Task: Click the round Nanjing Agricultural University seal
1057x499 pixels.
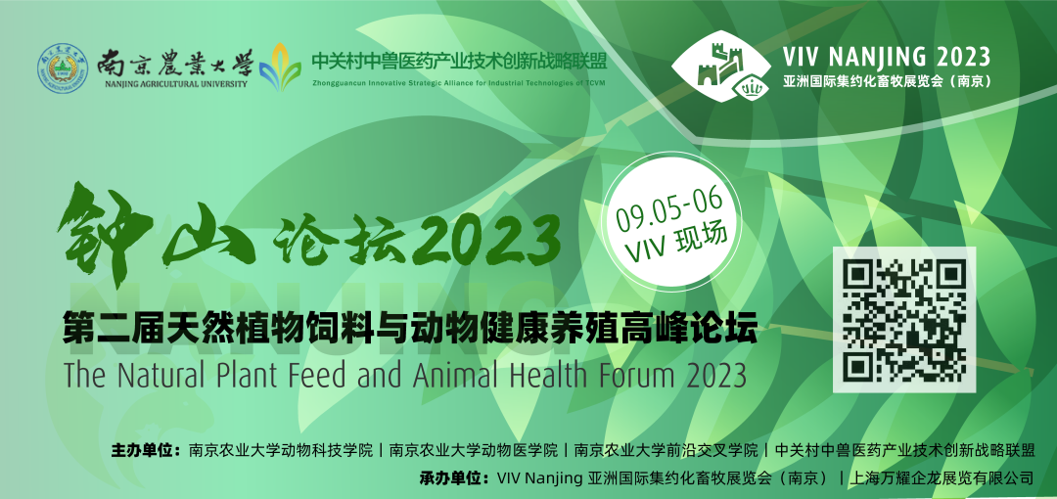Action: pyautogui.click(x=64, y=68)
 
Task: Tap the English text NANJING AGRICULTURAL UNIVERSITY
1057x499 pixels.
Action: pyautogui.click(x=176, y=84)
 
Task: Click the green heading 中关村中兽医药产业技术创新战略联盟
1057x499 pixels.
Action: pyautogui.click(x=458, y=60)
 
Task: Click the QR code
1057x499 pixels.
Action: pyautogui.click(x=904, y=319)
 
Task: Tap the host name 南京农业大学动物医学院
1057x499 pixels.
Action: pyautogui.click(x=475, y=451)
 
